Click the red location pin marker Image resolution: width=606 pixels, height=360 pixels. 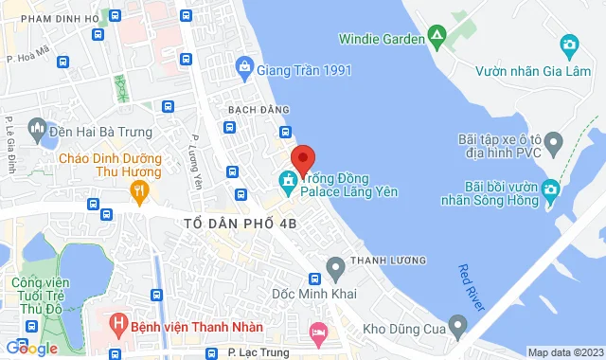(302, 158)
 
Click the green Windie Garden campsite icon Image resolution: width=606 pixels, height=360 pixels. (437, 38)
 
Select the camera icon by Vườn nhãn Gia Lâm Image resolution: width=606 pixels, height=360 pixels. (569, 44)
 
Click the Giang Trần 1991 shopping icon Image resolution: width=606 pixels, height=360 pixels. (244, 67)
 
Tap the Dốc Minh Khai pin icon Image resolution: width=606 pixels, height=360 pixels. (334, 267)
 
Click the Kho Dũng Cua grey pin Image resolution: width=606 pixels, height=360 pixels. (458, 329)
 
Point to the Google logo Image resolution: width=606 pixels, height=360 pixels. (31, 349)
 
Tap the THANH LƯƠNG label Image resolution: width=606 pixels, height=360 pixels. (388, 260)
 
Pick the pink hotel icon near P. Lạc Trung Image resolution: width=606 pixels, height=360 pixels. (318, 332)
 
